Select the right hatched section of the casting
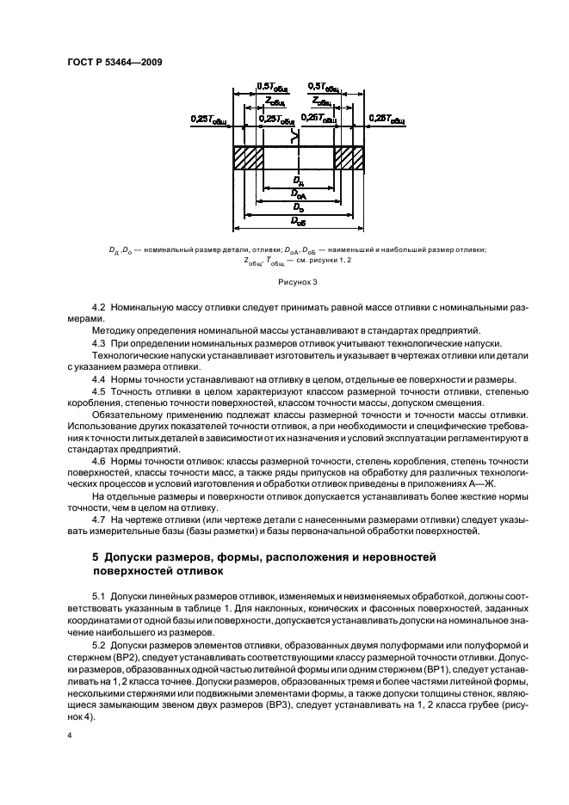349,158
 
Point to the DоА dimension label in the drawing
298,194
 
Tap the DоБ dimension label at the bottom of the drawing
298,221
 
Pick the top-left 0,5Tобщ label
273,87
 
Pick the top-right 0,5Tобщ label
324,87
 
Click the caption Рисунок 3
297,280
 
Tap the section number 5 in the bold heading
96,558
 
